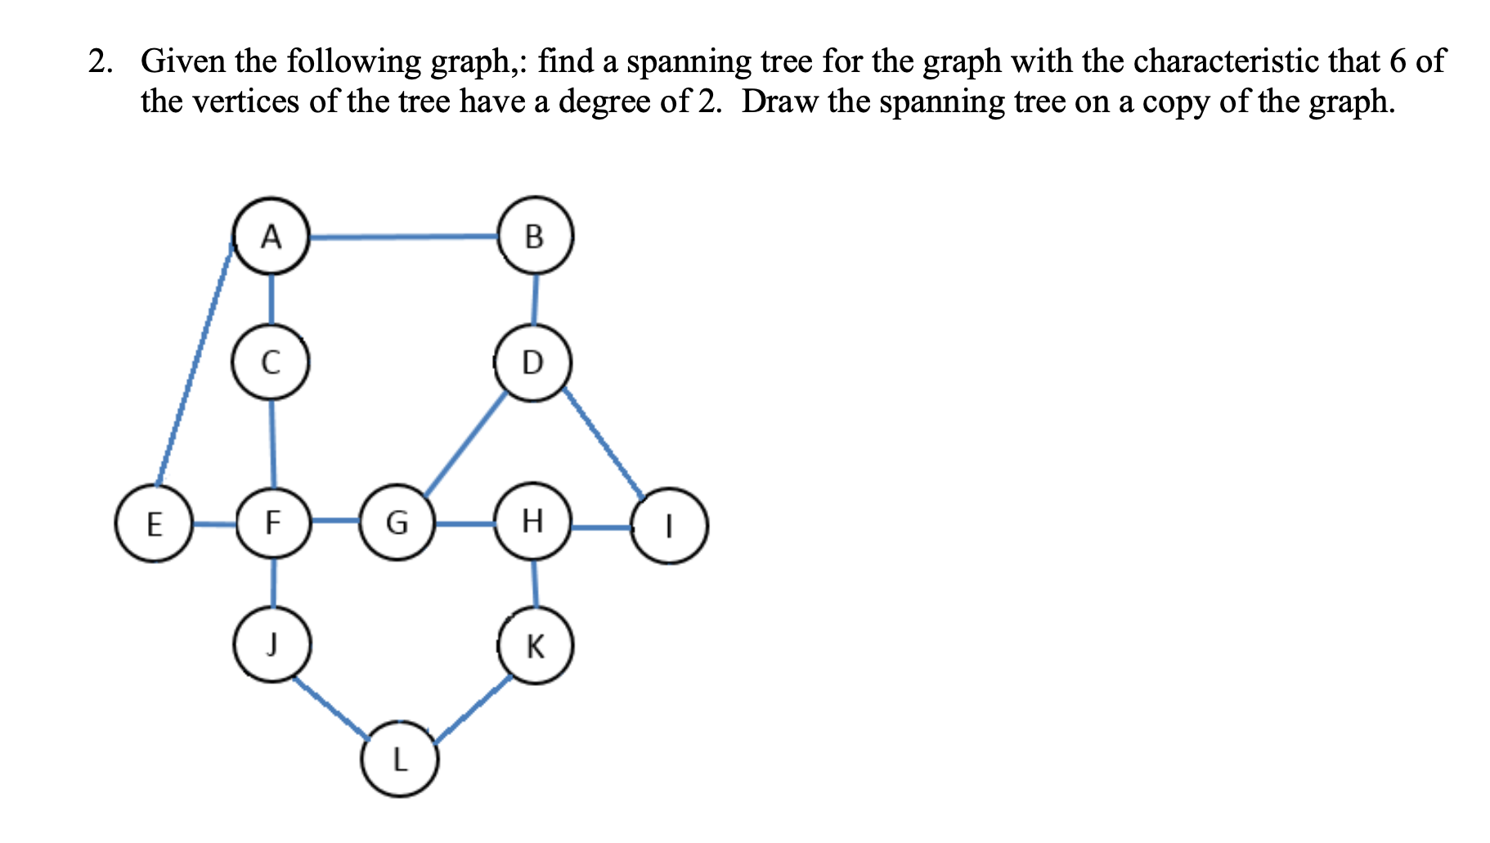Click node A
272,236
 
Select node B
535,236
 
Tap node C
271,362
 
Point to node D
532,362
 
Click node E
154,524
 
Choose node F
273,521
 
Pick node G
397,521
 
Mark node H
532,521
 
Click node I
669,525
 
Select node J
272,644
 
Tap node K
536,647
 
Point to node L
399,760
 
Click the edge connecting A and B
404,237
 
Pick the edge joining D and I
603,443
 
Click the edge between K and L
472,709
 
